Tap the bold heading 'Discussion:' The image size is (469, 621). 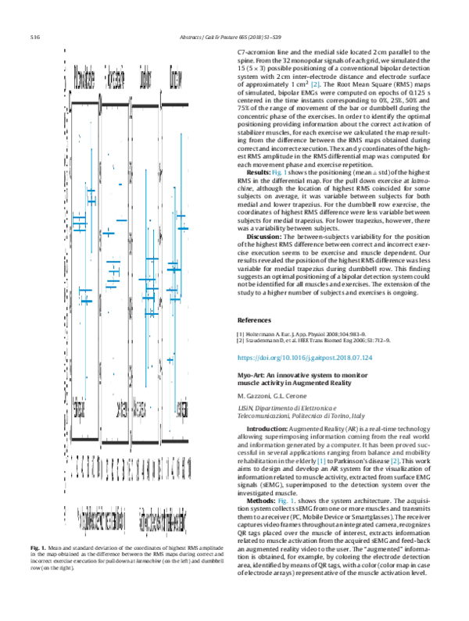click(268, 235)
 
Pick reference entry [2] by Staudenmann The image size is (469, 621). click(322, 342)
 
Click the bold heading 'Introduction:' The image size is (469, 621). click(271, 430)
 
